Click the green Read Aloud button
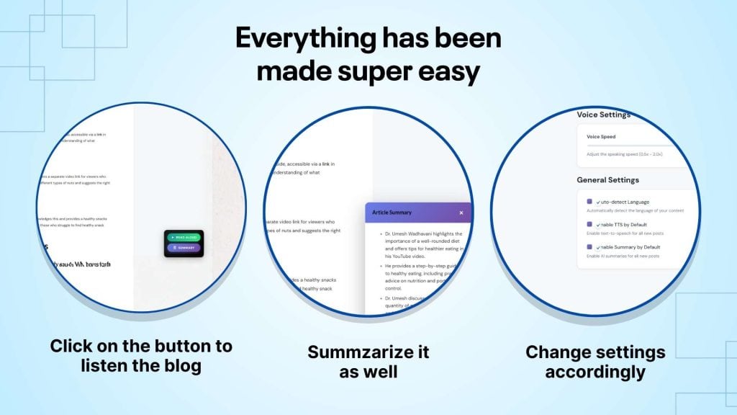click(186, 237)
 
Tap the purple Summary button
click(186, 247)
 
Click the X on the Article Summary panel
click(461, 213)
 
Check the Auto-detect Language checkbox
click(589, 202)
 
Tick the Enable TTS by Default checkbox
click(589, 224)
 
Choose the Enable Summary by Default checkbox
click(589, 246)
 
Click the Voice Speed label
click(601, 136)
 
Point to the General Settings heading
click(607, 180)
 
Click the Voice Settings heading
click(603, 115)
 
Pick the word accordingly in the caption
click(594, 372)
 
